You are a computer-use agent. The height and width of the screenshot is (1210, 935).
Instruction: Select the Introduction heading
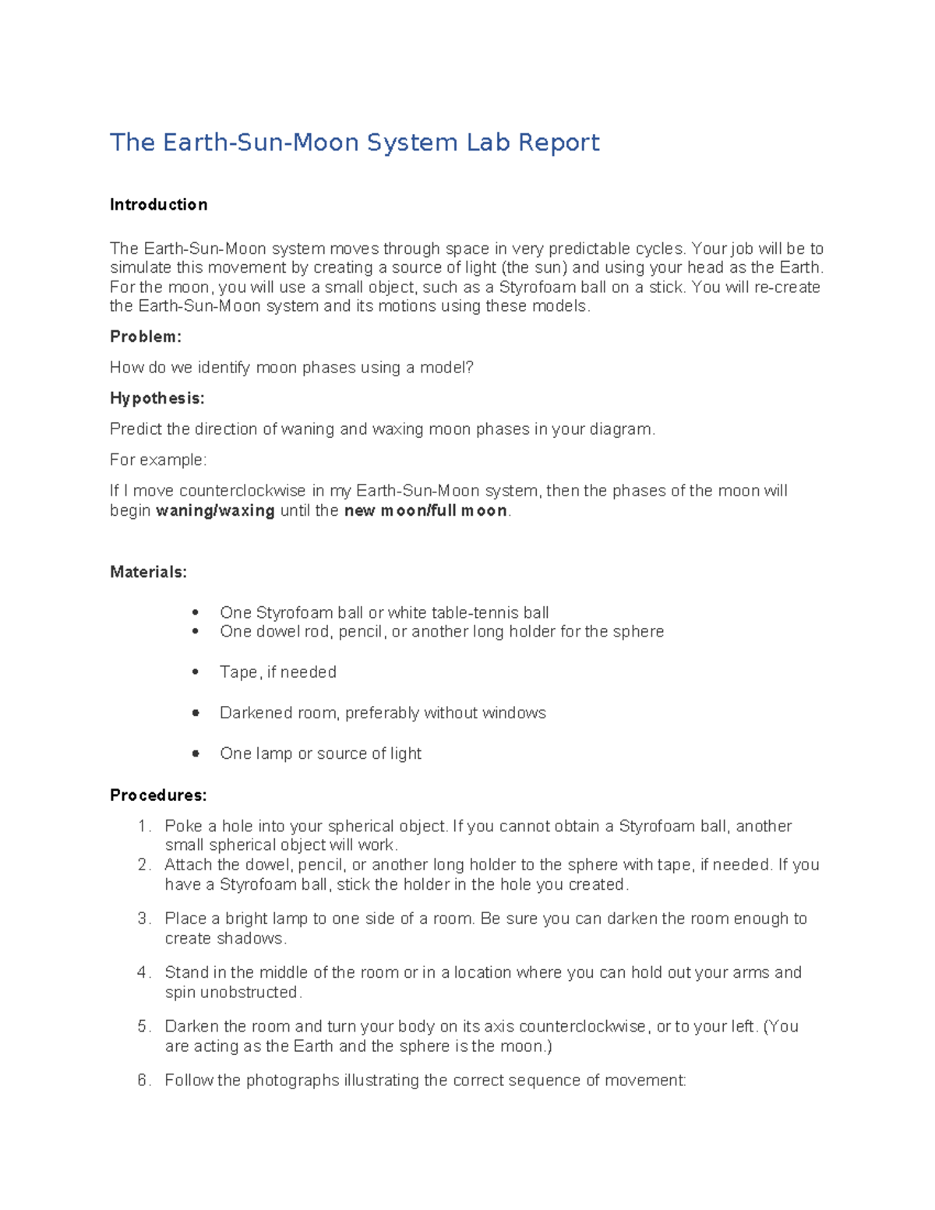tap(158, 205)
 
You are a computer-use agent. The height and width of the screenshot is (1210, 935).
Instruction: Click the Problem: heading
tap(146, 337)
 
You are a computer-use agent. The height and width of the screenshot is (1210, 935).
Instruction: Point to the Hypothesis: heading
tap(157, 398)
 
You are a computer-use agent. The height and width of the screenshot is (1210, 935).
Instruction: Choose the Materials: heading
tap(148, 572)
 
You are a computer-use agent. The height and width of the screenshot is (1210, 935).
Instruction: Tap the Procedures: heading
tap(158, 795)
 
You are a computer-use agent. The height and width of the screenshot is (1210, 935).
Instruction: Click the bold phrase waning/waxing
tap(215, 511)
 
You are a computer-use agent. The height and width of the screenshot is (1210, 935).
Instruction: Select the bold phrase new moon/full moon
tap(425, 511)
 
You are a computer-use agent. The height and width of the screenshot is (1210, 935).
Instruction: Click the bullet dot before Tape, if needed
tap(196, 672)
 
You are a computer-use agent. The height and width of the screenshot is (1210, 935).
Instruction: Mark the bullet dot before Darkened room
tap(196, 712)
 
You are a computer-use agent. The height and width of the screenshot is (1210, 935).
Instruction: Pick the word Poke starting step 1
tap(183, 826)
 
